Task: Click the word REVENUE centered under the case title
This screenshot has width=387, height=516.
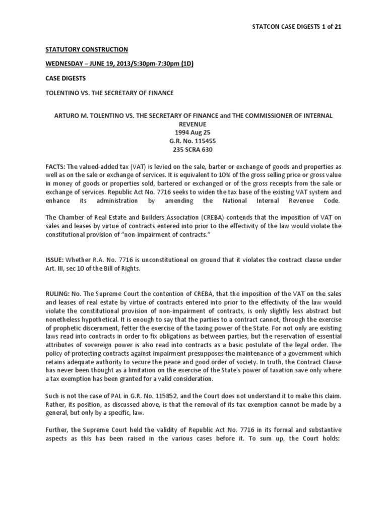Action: (193, 123)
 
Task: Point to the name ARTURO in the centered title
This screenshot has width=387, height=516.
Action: (68, 115)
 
